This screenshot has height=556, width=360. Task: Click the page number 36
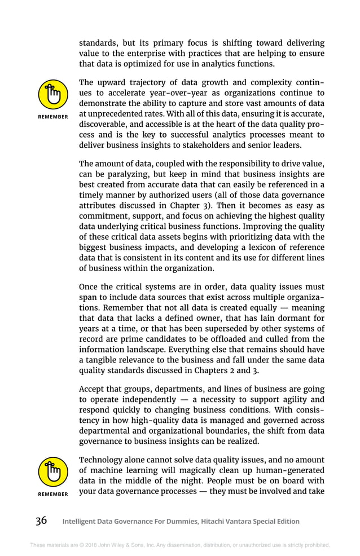coord(41,520)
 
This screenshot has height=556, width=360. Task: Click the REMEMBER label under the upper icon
coord(52,117)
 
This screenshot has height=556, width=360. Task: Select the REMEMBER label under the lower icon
coord(52,494)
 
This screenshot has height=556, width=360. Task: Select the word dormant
coord(289,318)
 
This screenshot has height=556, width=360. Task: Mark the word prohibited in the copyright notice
coord(315,545)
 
